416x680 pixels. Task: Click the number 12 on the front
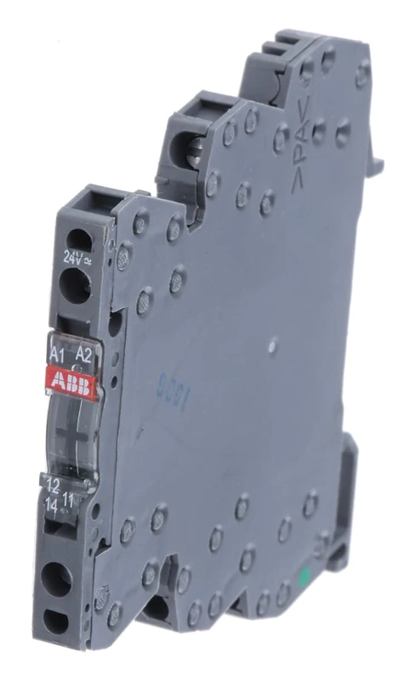pyautogui.click(x=53, y=486)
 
